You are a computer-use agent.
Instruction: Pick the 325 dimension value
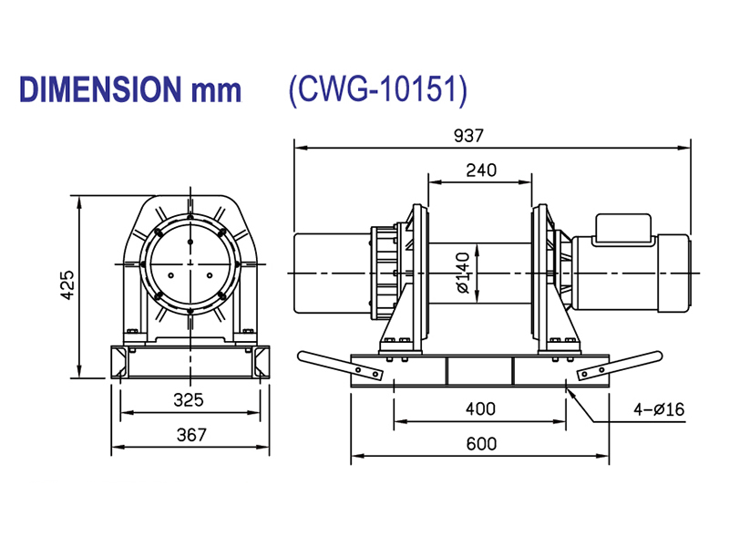tap(189, 400)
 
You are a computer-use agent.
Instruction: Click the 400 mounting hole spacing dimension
tap(480, 410)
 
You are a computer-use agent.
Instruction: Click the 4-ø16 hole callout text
tap(660, 409)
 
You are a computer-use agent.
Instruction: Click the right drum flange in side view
tap(539, 273)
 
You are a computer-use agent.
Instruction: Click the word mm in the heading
tap(216, 89)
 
